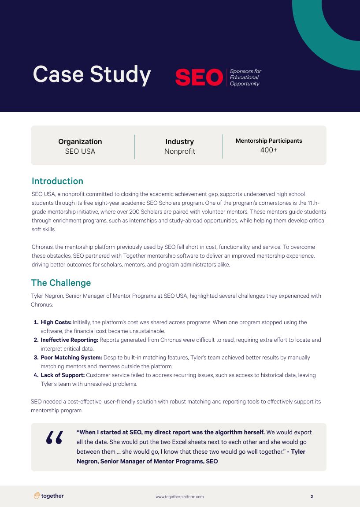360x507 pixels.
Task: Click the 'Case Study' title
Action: click(92, 74)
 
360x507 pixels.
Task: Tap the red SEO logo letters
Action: click(199, 78)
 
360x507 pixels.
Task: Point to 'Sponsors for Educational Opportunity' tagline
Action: click(245, 78)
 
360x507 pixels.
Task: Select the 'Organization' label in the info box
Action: click(80, 141)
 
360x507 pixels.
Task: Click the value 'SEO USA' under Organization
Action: click(80, 152)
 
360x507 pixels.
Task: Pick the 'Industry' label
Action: click(179, 141)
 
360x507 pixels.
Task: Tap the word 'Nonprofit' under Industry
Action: click(179, 152)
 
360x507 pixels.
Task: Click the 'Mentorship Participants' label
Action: click(269, 141)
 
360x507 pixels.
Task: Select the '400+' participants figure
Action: click(269, 151)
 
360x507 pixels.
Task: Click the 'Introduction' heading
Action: click(57, 181)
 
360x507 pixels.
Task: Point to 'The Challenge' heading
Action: click(61, 283)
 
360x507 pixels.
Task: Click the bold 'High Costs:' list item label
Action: click(56, 322)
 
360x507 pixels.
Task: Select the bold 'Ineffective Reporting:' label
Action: click(69, 340)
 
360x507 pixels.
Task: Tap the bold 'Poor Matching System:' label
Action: click(71, 358)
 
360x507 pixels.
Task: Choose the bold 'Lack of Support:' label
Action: click(63, 375)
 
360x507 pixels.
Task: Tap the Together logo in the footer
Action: click(49, 496)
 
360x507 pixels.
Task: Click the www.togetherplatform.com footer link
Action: click(180, 496)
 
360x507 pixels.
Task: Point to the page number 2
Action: click(312, 496)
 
